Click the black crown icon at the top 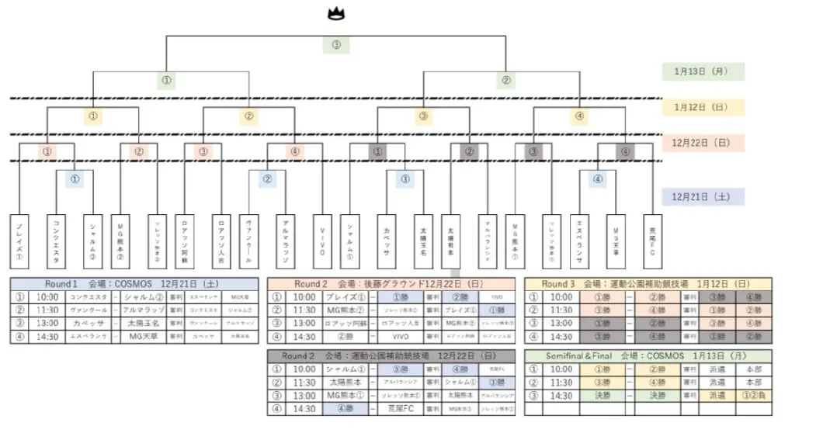(x=335, y=13)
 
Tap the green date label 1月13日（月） (x=703, y=71)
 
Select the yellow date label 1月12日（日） (x=703, y=107)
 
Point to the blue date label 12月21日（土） (x=703, y=197)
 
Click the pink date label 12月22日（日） (x=703, y=144)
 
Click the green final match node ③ (x=335, y=44)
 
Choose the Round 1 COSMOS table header (x=134, y=284)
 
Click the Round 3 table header (x=648, y=284)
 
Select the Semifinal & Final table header (x=648, y=355)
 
